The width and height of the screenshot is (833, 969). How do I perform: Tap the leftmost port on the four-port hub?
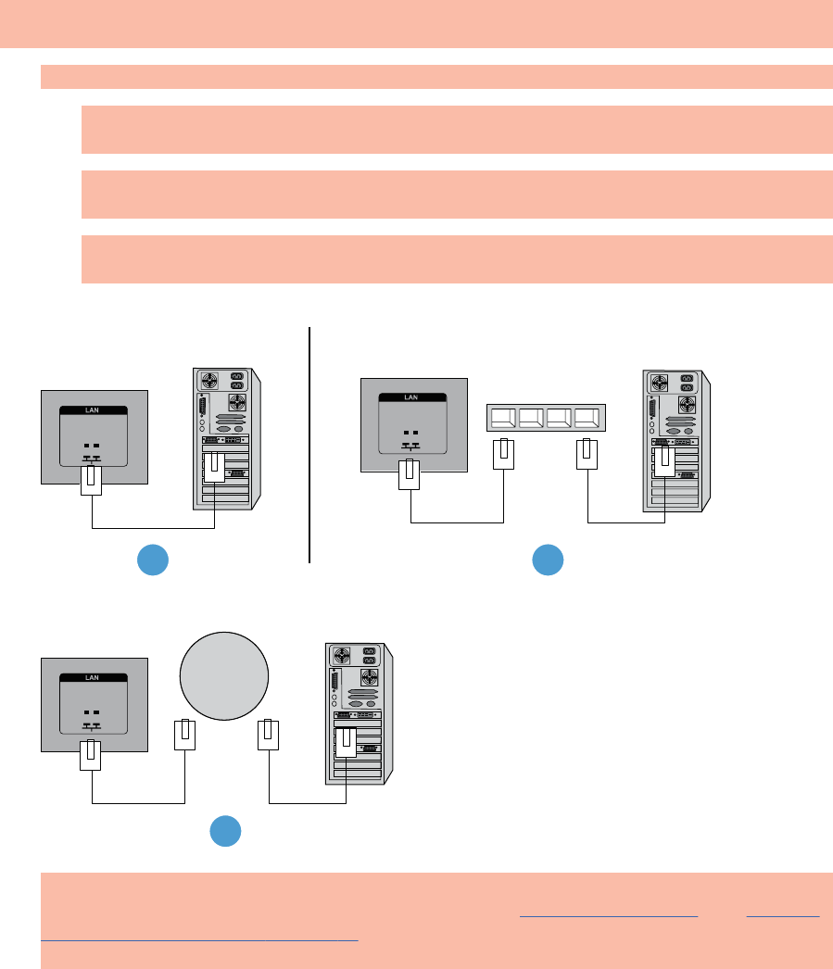coord(503,418)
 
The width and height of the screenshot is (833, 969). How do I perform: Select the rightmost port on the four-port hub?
coord(588,418)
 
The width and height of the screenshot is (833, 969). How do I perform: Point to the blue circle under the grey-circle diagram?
coord(225,830)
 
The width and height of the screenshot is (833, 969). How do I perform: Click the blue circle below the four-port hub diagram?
coord(548,560)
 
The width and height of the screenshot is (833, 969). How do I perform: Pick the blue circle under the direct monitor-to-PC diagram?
coord(154,560)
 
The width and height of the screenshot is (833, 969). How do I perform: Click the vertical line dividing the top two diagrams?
coord(309,445)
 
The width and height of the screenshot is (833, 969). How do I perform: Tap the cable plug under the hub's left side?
coord(502,454)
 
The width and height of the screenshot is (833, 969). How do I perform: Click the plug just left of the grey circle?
coord(185,735)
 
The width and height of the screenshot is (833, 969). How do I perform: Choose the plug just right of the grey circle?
coord(269,735)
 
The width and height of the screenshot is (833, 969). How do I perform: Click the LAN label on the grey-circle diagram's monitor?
coord(93,678)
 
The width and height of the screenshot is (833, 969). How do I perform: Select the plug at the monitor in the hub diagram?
coord(410,474)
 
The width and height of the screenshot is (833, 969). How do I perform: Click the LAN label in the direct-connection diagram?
coord(94,410)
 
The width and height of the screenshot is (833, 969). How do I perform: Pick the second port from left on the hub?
coord(532,418)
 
